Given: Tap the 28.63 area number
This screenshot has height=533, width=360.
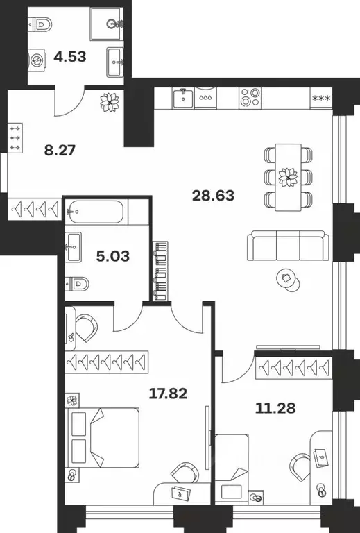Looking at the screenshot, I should (x=214, y=196).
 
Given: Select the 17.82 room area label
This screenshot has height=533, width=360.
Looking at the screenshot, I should (x=169, y=394).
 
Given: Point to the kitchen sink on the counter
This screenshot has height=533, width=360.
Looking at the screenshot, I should (x=184, y=96).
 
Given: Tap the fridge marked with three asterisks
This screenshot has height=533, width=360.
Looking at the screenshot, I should (x=321, y=98).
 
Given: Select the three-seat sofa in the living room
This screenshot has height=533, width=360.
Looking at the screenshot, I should (x=285, y=245).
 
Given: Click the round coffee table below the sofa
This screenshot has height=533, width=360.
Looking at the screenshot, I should (x=286, y=279).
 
